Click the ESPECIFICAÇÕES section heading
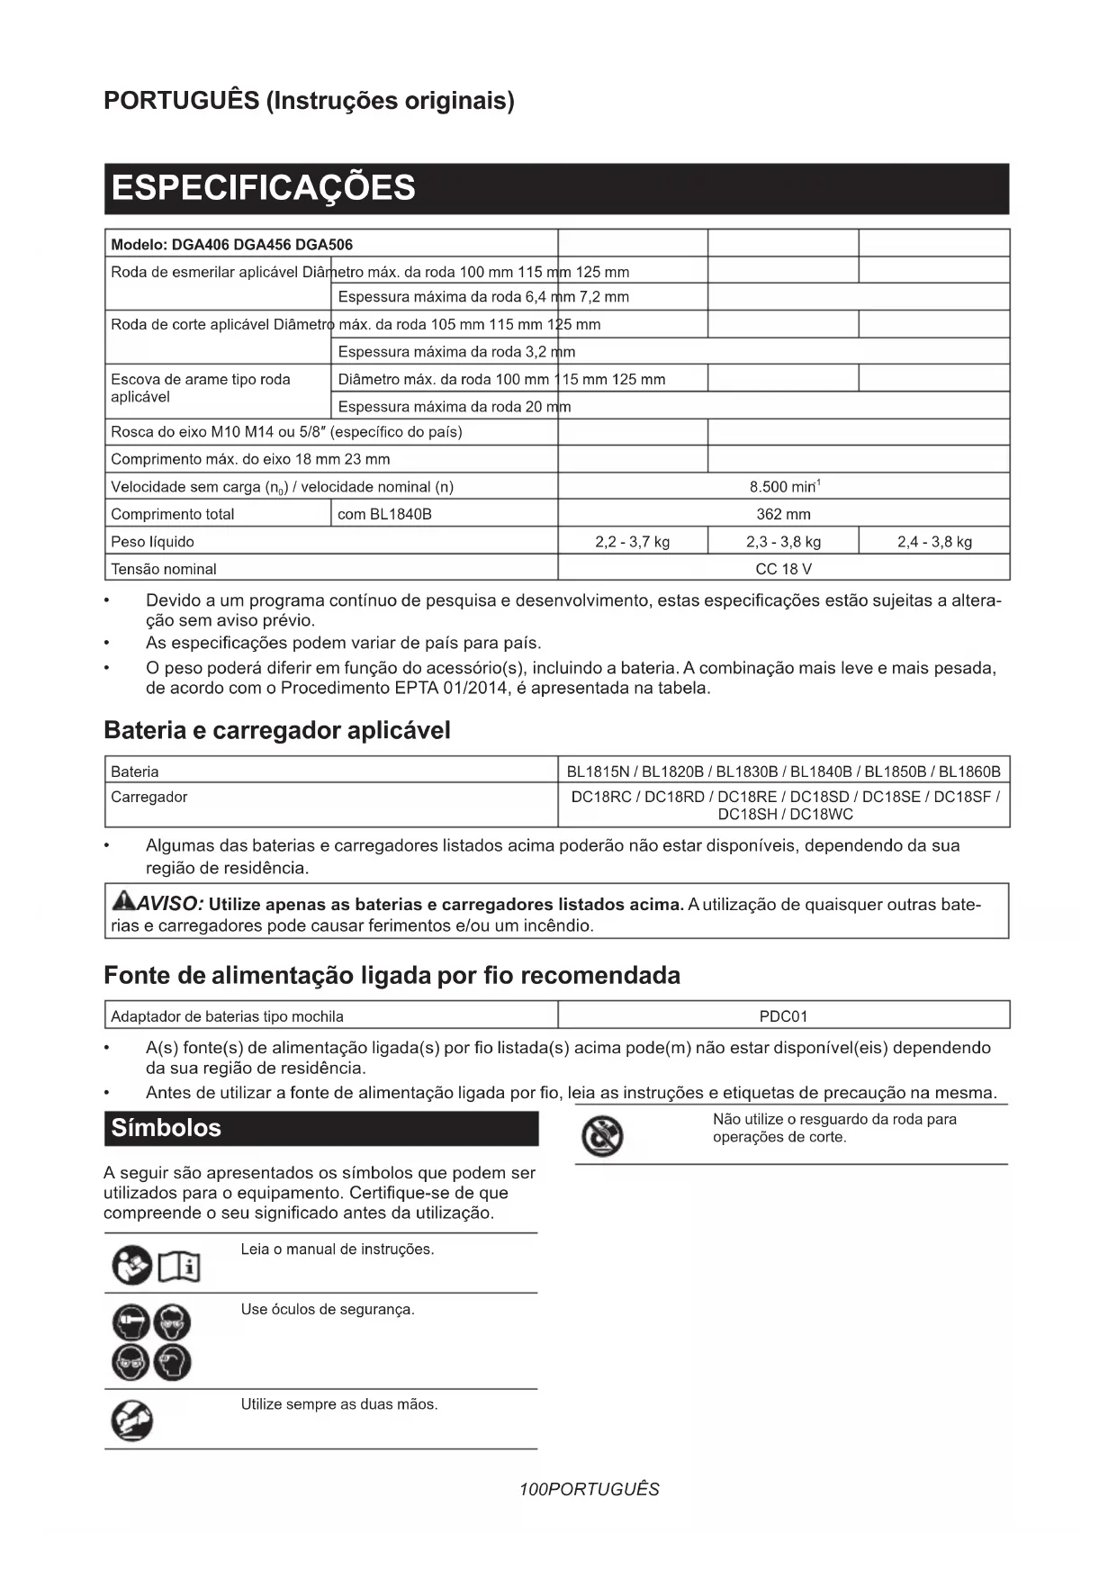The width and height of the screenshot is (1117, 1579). point(263,188)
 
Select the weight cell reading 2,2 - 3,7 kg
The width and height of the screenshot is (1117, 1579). point(632,542)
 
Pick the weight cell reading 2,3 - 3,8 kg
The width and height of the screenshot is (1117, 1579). point(783,542)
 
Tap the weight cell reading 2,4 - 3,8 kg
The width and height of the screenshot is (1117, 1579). point(934,542)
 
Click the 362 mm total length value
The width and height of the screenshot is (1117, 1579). point(783,514)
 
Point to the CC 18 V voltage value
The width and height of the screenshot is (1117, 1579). point(783,569)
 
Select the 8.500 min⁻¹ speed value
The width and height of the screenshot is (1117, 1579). point(783,487)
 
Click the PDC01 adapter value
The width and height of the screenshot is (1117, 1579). point(783,1016)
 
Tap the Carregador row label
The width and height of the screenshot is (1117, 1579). point(149,797)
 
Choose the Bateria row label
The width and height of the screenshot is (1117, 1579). point(135,771)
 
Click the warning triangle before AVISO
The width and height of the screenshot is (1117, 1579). point(123,901)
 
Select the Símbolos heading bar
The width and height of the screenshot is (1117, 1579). point(320,1128)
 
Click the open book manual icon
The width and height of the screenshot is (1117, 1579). point(179,1268)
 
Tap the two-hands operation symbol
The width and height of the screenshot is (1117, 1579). point(131,1421)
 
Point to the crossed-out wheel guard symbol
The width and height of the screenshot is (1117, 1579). point(601,1136)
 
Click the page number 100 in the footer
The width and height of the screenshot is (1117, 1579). point(533,1489)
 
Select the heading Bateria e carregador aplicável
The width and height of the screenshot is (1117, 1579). point(277,730)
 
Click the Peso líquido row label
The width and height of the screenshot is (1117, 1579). point(152,542)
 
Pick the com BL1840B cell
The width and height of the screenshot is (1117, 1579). point(384,514)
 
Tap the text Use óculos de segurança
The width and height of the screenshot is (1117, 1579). point(328,1309)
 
